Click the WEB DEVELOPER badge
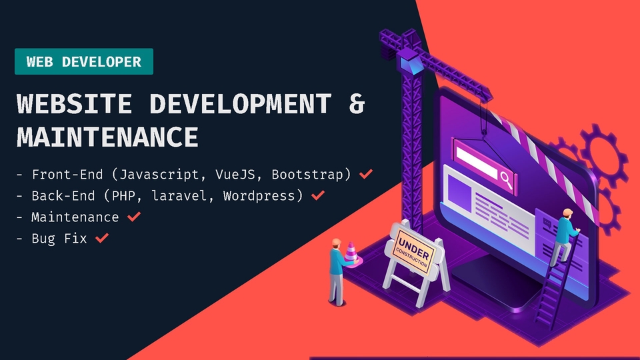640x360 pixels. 84,61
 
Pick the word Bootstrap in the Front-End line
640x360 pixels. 309,175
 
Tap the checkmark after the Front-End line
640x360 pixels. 365,175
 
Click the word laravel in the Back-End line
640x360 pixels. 189,196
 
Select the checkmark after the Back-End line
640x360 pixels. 318,196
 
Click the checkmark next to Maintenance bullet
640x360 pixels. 133,217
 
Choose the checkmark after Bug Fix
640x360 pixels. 101,238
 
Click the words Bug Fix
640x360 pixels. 59,238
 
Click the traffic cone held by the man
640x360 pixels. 351,254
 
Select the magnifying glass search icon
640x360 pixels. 506,178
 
